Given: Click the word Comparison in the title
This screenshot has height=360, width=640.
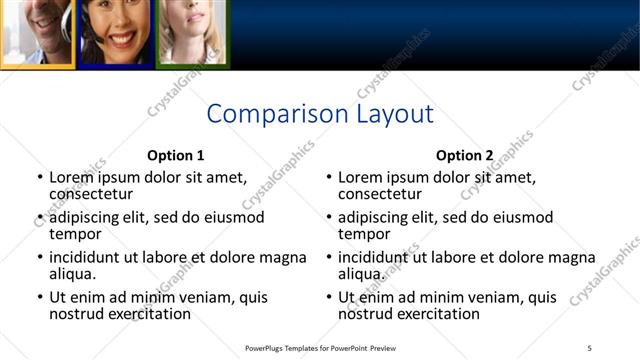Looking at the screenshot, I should pos(265,114).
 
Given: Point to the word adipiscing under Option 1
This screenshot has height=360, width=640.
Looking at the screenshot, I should pos(85,217).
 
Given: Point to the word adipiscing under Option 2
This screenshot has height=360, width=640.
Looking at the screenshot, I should pos(374,217).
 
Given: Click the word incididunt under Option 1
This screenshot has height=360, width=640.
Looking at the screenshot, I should pos(87,257).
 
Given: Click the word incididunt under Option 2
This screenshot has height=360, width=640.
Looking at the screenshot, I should pos(376,257).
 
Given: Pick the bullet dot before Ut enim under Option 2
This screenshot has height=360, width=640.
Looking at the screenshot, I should pos(328,297).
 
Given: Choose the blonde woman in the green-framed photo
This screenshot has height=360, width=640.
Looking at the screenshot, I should pos(190,28).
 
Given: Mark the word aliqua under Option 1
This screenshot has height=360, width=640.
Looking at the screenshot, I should pos(73,274).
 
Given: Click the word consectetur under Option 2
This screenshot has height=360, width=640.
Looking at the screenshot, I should pos(380,194).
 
